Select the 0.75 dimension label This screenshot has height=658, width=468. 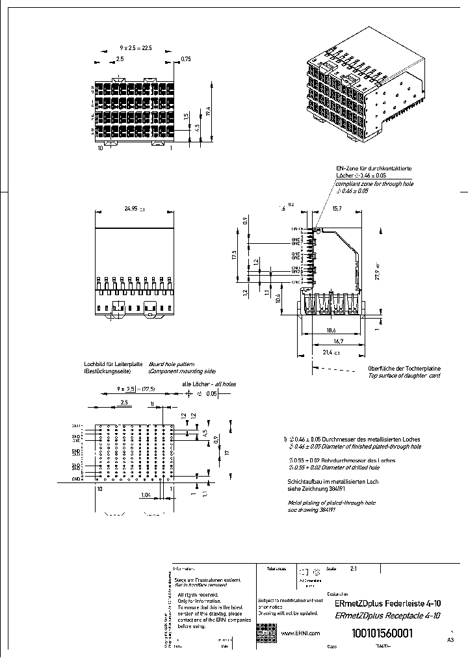pos(186,59)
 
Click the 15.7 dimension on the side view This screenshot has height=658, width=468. pos(337,209)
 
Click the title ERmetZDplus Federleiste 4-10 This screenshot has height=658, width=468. pos(387,603)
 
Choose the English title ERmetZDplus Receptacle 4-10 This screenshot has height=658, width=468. pos(387,616)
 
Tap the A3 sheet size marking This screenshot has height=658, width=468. pos(450,640)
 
